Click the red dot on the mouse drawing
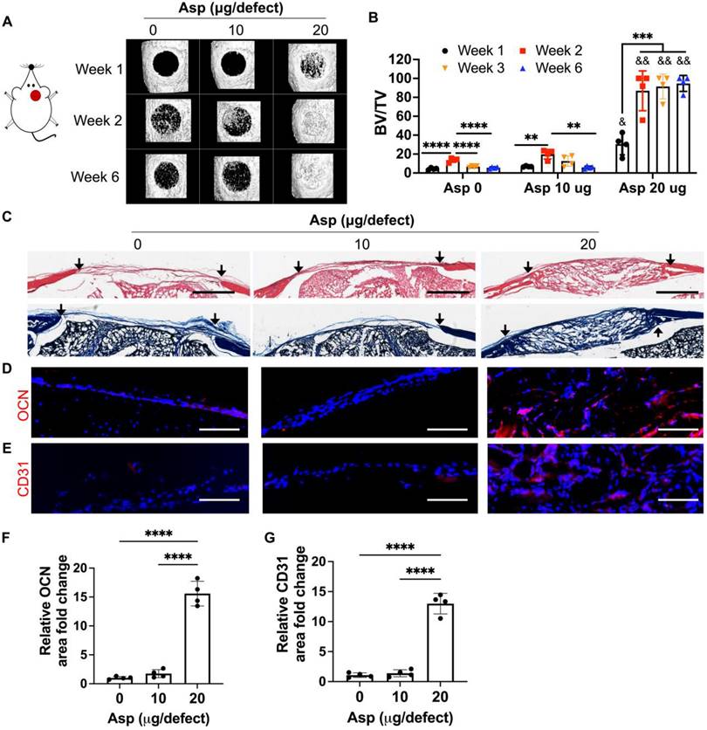point(36,96)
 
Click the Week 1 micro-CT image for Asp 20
point(311,65)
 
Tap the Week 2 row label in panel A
point(98,121)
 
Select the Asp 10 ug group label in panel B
point(558,188)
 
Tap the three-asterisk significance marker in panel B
point(642,37)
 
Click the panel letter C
point(7,218)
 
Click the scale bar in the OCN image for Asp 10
point(447,429)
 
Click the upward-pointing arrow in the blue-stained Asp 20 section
point(657,333)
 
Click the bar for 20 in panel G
point(440,643)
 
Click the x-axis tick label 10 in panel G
point(400,697)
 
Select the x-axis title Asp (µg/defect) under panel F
point(158,718)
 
